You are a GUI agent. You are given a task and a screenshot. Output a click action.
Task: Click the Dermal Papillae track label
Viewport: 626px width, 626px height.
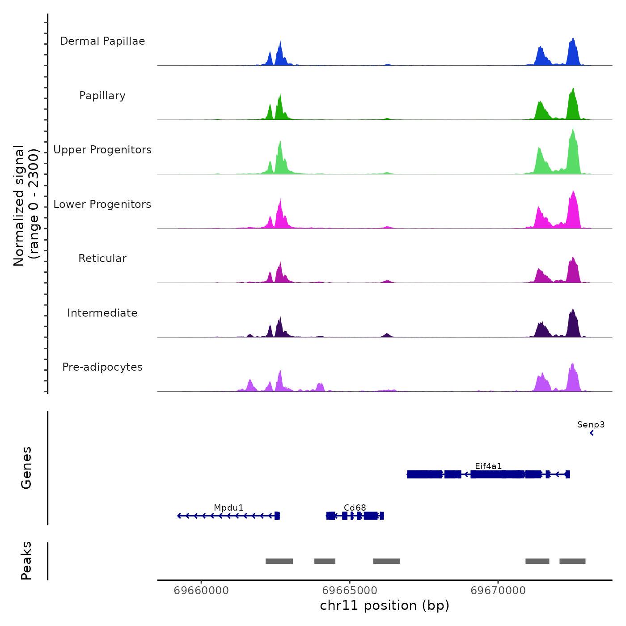point(102,41)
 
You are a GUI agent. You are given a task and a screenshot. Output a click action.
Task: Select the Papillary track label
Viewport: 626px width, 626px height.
point(102,96)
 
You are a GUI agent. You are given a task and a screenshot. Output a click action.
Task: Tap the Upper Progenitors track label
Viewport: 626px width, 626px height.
point(102,150)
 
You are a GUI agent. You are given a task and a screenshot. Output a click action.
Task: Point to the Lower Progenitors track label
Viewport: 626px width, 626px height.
point(102,204)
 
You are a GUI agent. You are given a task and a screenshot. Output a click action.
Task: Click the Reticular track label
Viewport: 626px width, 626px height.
point(102,258)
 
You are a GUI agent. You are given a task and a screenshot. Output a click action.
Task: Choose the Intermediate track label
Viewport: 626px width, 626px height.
point(102,313)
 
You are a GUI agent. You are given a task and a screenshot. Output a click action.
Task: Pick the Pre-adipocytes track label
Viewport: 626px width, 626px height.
point(102,367)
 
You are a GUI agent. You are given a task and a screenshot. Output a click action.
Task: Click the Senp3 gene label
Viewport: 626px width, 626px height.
point(591,424)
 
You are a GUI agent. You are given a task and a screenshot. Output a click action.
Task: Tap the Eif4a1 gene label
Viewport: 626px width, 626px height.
point(488,466)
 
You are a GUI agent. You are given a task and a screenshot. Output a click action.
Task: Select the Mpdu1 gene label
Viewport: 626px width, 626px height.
point(228,508)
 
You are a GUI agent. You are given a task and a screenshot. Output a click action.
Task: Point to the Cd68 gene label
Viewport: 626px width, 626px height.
point(355,508)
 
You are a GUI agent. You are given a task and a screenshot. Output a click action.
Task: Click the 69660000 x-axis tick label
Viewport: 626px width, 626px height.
point(201,591)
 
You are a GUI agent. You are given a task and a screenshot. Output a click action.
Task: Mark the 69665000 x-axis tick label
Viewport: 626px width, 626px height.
point(350,591)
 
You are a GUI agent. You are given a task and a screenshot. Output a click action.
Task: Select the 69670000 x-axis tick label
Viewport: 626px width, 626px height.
point(498,591)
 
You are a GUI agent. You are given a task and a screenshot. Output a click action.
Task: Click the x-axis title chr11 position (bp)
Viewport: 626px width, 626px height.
point(385,605)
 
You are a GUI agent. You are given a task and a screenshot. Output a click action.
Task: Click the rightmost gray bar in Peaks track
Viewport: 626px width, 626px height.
point(572,561)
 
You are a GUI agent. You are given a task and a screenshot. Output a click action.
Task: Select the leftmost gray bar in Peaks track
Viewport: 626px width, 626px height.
point(279,561)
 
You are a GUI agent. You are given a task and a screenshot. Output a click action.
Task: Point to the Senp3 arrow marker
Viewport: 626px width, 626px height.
point(592,433)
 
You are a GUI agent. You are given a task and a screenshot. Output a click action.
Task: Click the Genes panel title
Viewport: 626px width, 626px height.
point(26,468)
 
